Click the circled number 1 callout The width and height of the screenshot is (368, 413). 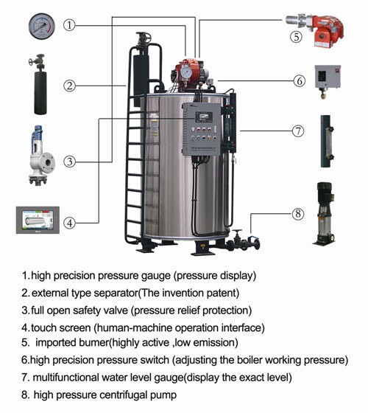69,25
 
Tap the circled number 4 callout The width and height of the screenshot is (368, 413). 69,221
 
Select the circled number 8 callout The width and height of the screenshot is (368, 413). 297,215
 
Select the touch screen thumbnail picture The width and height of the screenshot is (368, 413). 37,221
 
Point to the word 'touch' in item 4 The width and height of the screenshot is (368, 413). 44,326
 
